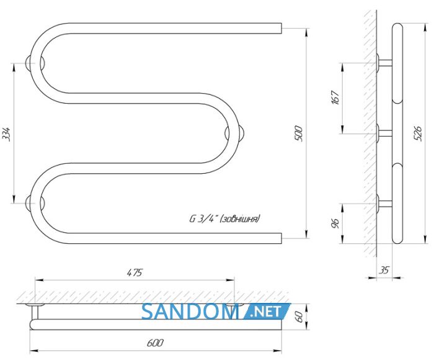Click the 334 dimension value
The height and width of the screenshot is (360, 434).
(x=6, y=134)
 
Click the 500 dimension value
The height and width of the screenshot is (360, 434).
(x=299, y=133)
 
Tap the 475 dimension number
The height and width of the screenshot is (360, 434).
(x=135, y=272)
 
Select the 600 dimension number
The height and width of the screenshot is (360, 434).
(x=155, y=343)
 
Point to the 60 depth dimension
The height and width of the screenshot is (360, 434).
(x=299, y=317)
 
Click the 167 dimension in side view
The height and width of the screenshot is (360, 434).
(x=335, y=97)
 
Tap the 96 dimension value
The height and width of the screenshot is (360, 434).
(x=335, y=223)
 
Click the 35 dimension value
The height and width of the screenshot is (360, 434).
(x=384, y=269)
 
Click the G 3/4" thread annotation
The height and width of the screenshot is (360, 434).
(x=224, y=219)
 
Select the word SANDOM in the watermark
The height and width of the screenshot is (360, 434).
(x=190, y=312)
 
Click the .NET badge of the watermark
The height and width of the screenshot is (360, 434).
(x=267, y=311)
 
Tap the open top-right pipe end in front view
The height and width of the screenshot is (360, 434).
(x=281, y=29)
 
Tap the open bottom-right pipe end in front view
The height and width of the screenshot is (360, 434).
(x=281, y=238)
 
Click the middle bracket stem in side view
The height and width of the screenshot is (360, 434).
(x=385, y=133)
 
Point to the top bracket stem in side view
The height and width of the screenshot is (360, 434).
(x=385, y=63)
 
